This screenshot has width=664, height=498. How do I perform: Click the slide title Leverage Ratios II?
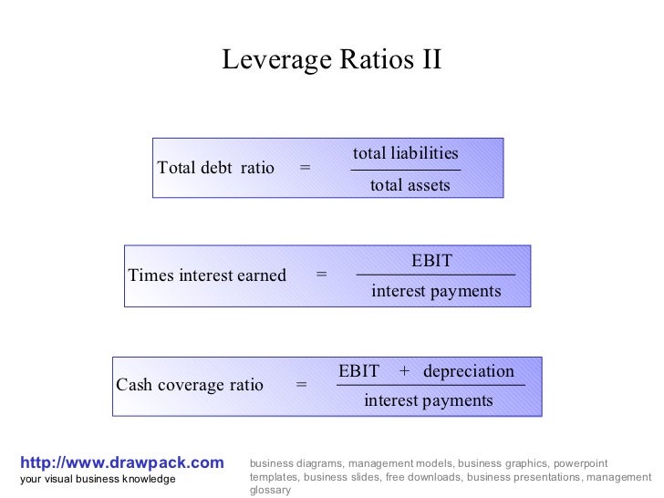[x=332, y=60]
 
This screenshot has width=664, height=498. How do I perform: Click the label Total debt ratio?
[x=215, y=168]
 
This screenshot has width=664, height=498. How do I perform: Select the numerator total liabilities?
[x=405, y=153]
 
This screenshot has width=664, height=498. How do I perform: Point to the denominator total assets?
[x=410, y=185]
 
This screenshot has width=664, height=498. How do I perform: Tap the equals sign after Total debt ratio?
[x=305, y=168]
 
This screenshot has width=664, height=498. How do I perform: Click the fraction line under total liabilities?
[x=405, y=170]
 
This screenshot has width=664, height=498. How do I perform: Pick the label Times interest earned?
[x=207, y=275]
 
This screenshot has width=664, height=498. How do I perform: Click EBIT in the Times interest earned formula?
[x=431, y=261]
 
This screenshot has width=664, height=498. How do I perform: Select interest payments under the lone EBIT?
[x=436, y=292]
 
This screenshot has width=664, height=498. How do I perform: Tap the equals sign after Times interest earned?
[x=321, y=275]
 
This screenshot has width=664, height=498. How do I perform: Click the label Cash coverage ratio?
[x=190, y=385]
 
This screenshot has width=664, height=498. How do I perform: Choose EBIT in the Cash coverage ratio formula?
[x=358, y=371]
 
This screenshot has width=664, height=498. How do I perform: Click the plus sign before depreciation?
[x=404, y=371]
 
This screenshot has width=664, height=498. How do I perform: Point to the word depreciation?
[x=469, y=371]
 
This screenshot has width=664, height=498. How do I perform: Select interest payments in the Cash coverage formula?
[x=428, y=400]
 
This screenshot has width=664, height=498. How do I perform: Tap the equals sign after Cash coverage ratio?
[x=301, y=385]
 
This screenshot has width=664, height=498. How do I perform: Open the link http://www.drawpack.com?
[x=121, y=463]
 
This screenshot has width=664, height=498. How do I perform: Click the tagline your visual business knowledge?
[x=98, y=479]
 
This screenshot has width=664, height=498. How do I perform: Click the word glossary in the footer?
[x=270, y=490]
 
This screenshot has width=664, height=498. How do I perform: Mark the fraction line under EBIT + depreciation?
[x=431, y=386]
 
